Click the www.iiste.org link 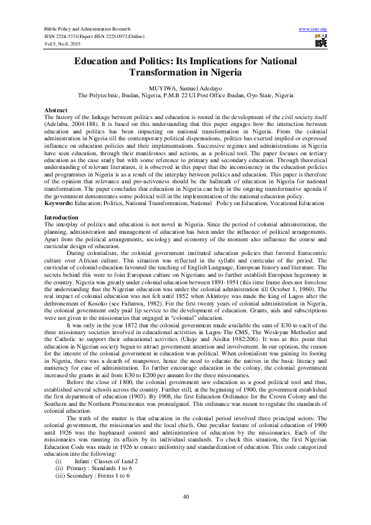pyautogui.click(x=313, y=29)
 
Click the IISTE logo pyautogui.click(x=321, y=41)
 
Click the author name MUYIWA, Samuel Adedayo pyautogui.click(x=185, y=89)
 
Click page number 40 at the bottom pyautogui.click(x=185, y=496)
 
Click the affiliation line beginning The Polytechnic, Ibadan pyautogui.click(x=185, y=96)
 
